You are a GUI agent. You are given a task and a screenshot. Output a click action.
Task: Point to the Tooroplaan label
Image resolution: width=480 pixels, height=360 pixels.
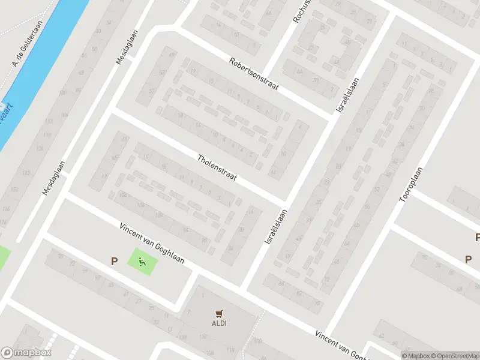(x=412, y=184)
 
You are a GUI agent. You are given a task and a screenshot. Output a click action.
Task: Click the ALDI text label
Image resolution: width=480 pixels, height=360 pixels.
(x=219, y=323)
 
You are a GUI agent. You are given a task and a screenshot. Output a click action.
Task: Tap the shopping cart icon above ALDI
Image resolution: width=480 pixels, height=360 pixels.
(x=219, y=313)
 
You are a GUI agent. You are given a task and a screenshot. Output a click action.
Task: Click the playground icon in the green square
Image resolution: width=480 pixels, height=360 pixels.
(x=142, y=261)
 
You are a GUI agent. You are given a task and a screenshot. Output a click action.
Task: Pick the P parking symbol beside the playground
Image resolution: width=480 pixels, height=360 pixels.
(x=113, y=261)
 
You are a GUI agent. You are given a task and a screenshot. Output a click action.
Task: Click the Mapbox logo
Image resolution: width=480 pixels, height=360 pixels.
(x=26, y=353)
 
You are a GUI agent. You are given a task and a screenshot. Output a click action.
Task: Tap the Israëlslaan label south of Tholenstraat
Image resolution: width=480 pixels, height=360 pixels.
(x=276, y=226)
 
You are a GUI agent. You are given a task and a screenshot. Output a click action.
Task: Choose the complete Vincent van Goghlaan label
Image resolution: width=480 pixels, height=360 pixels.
(x=151, y=245)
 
